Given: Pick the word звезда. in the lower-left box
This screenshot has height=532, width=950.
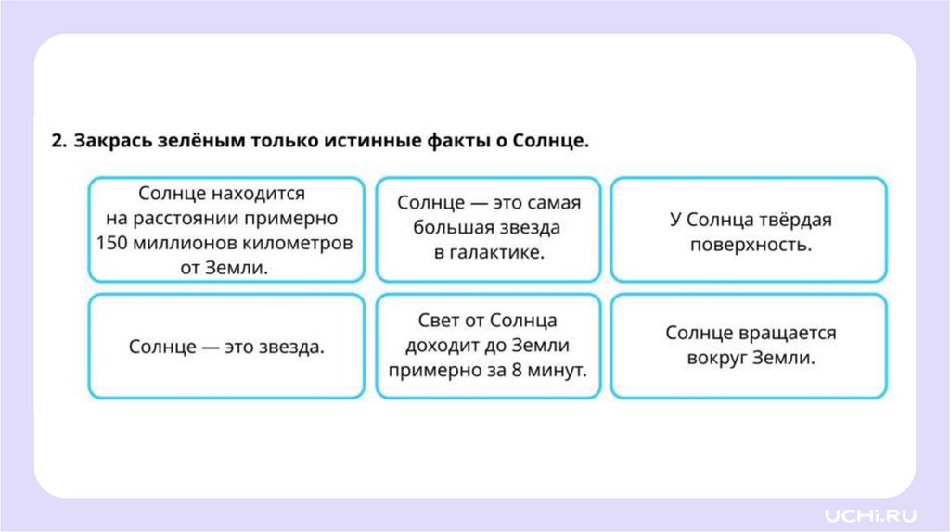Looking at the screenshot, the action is [287, 347].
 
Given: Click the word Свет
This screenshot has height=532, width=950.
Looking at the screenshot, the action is [442, 321].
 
